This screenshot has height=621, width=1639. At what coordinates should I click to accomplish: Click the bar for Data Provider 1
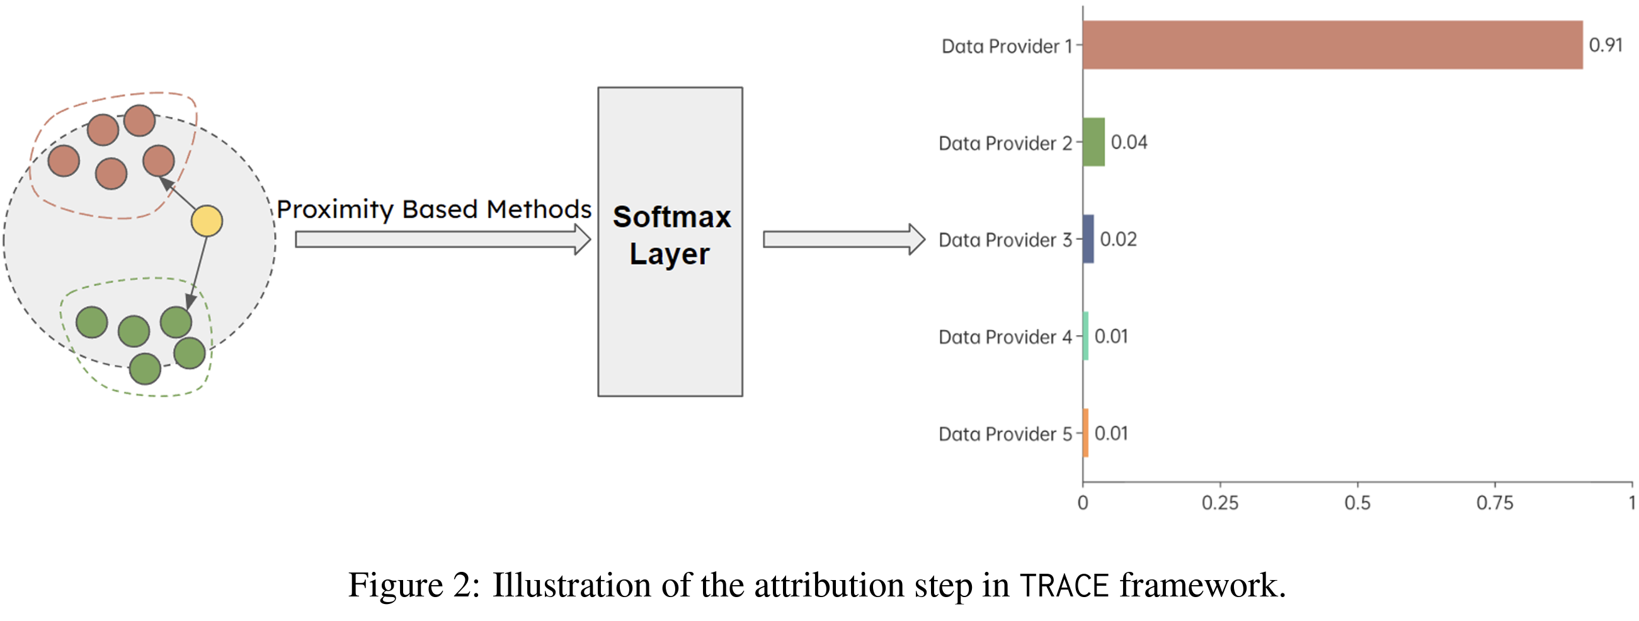tap(1333, 45)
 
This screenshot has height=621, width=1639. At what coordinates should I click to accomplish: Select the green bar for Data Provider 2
tap(1094, 142)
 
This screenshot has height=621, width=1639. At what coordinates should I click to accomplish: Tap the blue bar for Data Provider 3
tap(1088, 239)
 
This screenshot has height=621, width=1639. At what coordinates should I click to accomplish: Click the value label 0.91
tap(1605, 45)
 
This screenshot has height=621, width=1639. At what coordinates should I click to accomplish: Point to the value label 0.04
tap(1129, 142)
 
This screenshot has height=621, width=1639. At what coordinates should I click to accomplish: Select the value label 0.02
tap(1119, 239)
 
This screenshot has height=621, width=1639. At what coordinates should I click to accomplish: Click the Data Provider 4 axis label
tap(1005, 336)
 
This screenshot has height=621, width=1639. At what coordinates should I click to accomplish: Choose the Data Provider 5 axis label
tap(1005, 434)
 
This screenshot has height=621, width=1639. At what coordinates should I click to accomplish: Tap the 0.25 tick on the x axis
tap(1220, 503)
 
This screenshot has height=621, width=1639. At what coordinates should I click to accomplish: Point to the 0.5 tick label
tap(1358, 503)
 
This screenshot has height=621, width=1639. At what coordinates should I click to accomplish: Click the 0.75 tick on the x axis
tap(1495, 503)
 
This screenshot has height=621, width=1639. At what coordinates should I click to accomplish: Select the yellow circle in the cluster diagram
tap(207, 221)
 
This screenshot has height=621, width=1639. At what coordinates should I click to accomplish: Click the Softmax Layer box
tap(670, 242)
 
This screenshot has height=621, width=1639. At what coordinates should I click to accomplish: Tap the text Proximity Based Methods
tap(434, 209)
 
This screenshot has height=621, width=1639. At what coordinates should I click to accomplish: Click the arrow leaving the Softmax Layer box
tap(844, 239)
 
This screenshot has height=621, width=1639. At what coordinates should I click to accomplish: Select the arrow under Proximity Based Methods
tap(443, 239)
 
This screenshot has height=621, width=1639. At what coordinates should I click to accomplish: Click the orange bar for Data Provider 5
tap(1086, 433)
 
